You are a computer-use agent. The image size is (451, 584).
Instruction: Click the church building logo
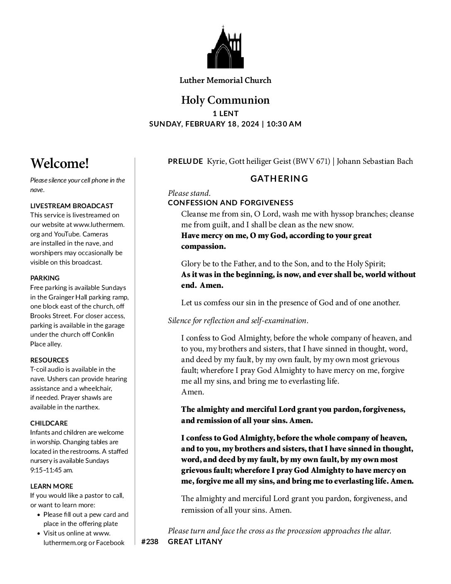225,47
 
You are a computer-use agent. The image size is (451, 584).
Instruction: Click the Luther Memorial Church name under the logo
225,80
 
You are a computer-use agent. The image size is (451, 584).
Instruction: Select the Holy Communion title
225,100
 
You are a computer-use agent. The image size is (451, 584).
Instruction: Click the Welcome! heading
60,163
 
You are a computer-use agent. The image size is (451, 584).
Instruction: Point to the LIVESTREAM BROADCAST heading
72,206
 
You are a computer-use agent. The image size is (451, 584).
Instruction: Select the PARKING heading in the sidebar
45,278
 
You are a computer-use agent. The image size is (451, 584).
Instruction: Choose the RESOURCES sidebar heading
49,360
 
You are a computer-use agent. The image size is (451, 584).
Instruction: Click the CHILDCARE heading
49,423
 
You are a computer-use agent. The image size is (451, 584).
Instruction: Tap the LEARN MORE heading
51,486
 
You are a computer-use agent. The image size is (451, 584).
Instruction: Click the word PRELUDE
185,161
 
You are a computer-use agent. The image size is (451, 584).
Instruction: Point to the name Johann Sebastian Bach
375,161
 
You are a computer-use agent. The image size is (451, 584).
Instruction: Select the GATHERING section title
279,179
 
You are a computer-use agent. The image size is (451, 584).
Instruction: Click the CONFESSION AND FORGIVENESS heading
230,203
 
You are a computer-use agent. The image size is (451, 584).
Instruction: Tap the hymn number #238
150,542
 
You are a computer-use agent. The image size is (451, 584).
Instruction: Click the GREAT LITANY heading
195,542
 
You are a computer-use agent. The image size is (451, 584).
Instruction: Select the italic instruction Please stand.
189,193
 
